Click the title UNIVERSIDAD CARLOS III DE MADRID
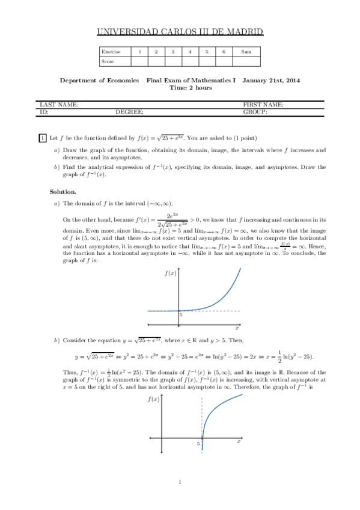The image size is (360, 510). [180, 32]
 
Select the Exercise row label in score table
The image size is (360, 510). [111, 52]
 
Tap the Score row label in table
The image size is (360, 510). [107, 61]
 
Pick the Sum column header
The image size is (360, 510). [246, 52]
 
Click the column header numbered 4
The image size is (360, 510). [190, 52]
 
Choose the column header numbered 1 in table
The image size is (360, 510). [139, 52]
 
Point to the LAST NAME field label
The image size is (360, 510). [59, 105]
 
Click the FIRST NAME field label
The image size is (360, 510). [263, 105]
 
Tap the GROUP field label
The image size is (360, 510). [255, 112]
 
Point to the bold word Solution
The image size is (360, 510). [63, 191]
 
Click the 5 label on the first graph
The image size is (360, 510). [180, 315]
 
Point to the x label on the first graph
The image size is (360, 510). [237, 328]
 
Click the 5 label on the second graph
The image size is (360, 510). [198, 443]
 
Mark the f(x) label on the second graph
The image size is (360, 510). [153, 399]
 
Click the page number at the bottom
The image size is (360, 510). [180, 482]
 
